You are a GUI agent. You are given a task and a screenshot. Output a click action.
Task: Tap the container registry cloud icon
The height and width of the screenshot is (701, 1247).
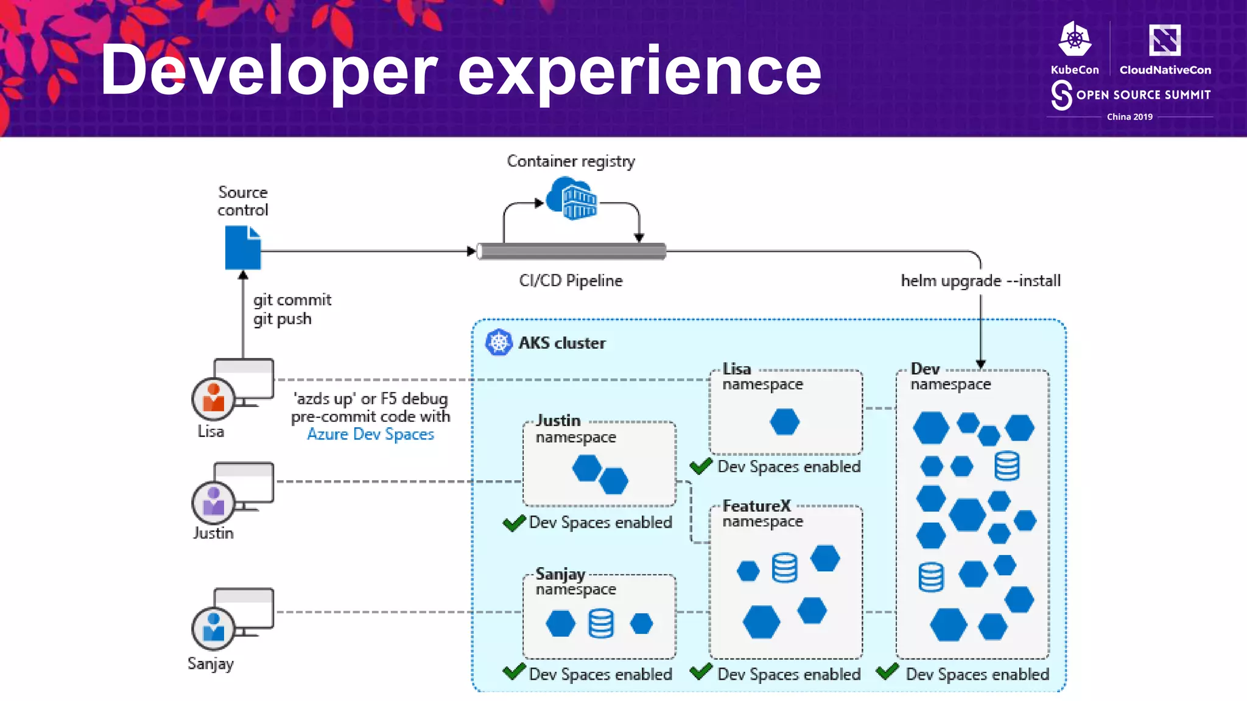point(571,198)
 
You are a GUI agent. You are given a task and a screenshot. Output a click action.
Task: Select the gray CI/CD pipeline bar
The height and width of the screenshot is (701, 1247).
point(571,251)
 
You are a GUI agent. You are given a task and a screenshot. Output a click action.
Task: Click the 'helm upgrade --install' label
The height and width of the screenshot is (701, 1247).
point(980,281)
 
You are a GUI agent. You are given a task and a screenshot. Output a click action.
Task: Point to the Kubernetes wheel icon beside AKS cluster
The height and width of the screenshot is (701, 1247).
point(499,343)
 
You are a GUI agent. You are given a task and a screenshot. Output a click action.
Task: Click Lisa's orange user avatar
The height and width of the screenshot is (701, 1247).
point(213,399)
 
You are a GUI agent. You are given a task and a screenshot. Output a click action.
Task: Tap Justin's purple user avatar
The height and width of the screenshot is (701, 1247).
point(213,502)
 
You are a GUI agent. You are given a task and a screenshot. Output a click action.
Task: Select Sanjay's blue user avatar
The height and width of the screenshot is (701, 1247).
point(213,629)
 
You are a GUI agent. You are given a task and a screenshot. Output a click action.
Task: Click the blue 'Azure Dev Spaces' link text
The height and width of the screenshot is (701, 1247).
point(370,434)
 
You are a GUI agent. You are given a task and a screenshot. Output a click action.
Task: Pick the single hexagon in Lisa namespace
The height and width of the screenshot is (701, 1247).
point(784,422)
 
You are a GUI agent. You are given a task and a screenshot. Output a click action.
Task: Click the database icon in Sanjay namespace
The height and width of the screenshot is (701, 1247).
point(600,624)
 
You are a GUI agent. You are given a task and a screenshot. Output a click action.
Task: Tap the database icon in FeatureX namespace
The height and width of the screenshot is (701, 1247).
point(784,568)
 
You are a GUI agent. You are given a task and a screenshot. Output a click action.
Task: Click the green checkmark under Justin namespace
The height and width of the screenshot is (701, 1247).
point(514,523)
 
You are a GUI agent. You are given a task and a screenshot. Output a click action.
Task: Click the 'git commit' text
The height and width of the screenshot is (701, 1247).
point(292,300)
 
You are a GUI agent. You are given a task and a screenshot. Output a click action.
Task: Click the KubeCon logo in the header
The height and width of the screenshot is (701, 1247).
point(1075,40)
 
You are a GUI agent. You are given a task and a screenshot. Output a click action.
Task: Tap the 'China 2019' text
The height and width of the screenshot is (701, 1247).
point(1129,117)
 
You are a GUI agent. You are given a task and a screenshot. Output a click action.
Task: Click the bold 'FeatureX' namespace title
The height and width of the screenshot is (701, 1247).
point(756,506)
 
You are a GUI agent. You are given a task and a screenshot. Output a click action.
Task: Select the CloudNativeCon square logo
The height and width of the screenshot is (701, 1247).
point(1164,40)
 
